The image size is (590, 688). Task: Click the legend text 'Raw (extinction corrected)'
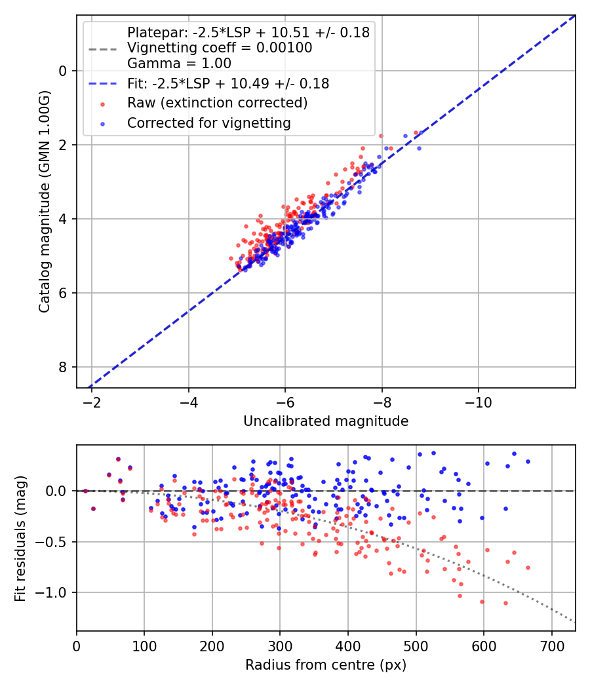coord(217,103)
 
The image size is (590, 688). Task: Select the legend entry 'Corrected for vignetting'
coord(209,123)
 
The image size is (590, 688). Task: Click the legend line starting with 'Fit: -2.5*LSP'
coord(228,83)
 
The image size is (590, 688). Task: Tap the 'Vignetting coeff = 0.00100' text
coord(220,48)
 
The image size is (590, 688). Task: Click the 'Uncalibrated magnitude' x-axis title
coord(326,421)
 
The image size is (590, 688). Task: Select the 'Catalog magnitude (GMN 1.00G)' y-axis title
coord(45,201)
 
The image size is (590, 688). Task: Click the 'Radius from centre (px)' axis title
coord(326,665)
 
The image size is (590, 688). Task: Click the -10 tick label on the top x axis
coord(479,401)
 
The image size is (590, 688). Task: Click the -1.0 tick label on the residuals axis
coord(54,593)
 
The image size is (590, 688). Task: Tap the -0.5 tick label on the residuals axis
coord(54,542)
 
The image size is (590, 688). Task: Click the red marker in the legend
coord(102,104)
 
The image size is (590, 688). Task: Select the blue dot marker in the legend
coord(102,123)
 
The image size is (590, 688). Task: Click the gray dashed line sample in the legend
coord(102,48)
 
